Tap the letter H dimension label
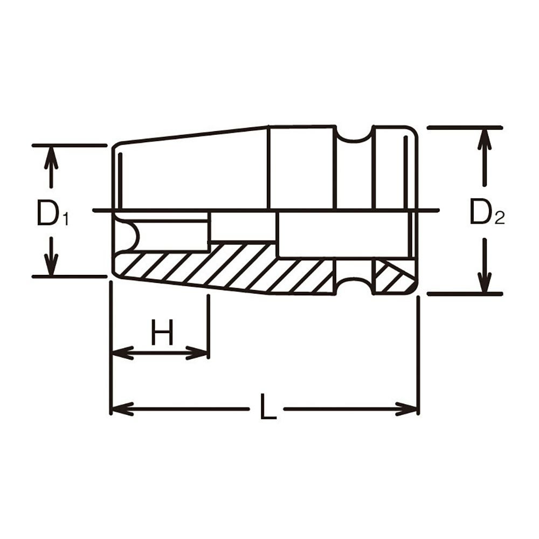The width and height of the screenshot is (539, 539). (162, 333)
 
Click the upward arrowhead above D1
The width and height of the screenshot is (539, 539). (51, 157)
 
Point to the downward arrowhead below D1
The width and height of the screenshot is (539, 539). (51, 264)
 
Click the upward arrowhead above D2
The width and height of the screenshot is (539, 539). (485, 139)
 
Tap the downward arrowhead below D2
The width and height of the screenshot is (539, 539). (485, 282)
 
